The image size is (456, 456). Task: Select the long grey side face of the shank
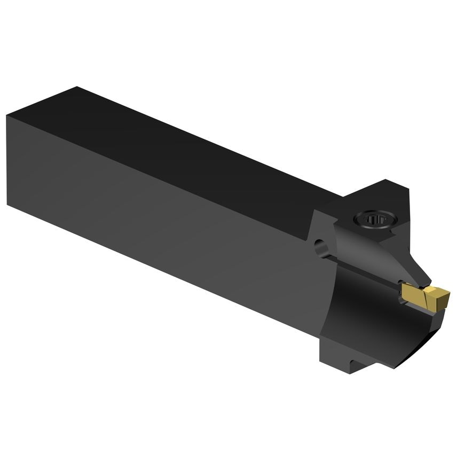click(x=160, y=214)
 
